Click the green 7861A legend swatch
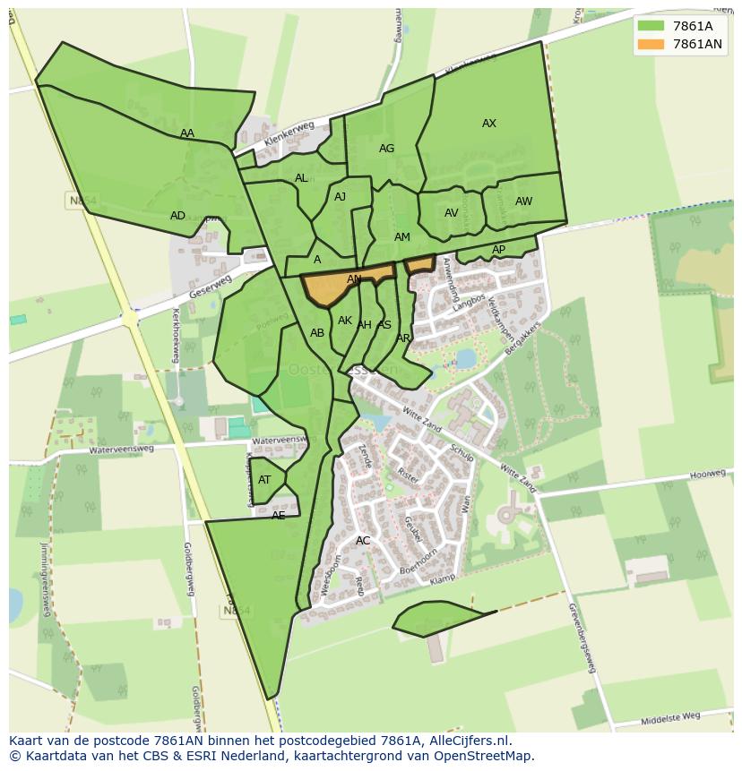651,26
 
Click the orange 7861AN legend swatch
651,44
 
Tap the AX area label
489,124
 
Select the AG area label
386,149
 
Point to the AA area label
187,133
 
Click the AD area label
177,216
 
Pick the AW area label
523,201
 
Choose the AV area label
452,213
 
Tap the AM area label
401,237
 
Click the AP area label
498,250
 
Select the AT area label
264,480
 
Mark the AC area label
363,541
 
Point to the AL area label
301,178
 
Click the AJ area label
340,197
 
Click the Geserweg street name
211,287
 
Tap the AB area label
317,333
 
